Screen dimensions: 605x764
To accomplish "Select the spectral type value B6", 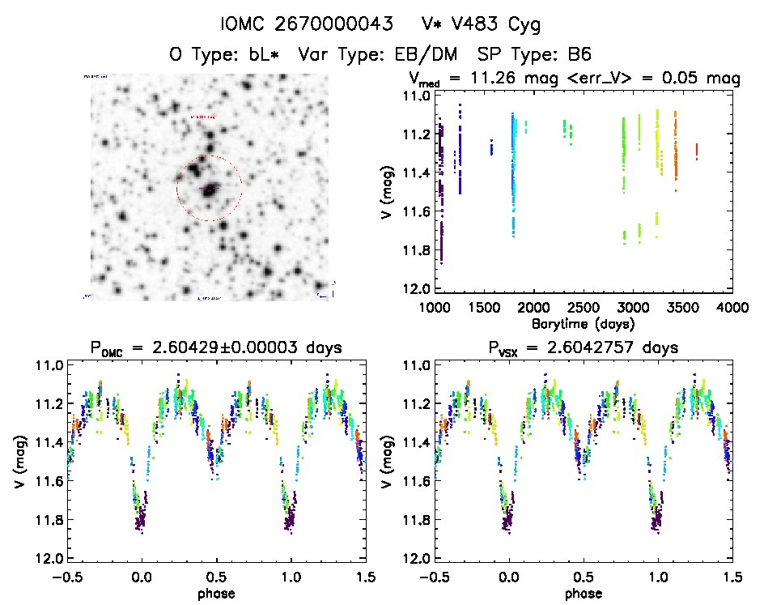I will (578, 55).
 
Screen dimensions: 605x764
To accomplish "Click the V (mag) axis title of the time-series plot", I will (392, 193).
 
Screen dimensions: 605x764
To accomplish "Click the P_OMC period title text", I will (216, 347).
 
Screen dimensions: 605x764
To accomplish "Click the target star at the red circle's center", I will (210, 189).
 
